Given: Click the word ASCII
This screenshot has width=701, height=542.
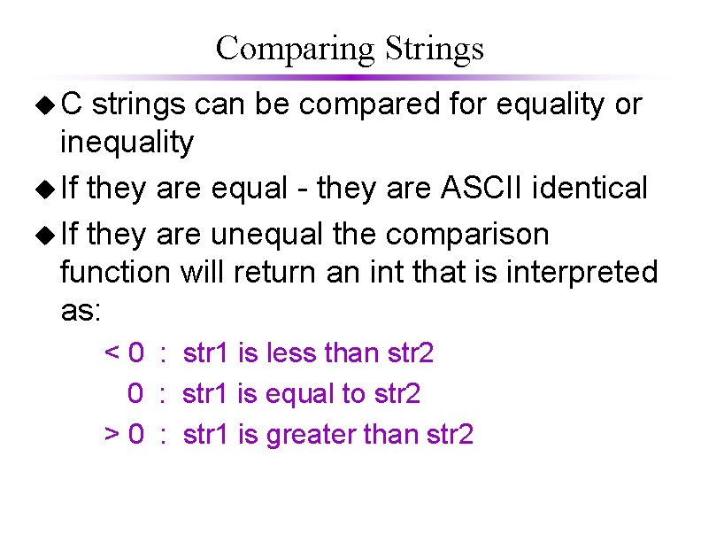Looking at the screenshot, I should (x=490, y=188).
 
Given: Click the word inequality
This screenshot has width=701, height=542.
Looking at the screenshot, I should (x=126, y=142).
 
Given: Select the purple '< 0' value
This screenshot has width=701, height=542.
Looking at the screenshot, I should (x=125, y=354).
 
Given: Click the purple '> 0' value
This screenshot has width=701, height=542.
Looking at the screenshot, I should (x=125, y=434).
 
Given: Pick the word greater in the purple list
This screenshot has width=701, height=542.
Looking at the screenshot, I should (x=307, y=434).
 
